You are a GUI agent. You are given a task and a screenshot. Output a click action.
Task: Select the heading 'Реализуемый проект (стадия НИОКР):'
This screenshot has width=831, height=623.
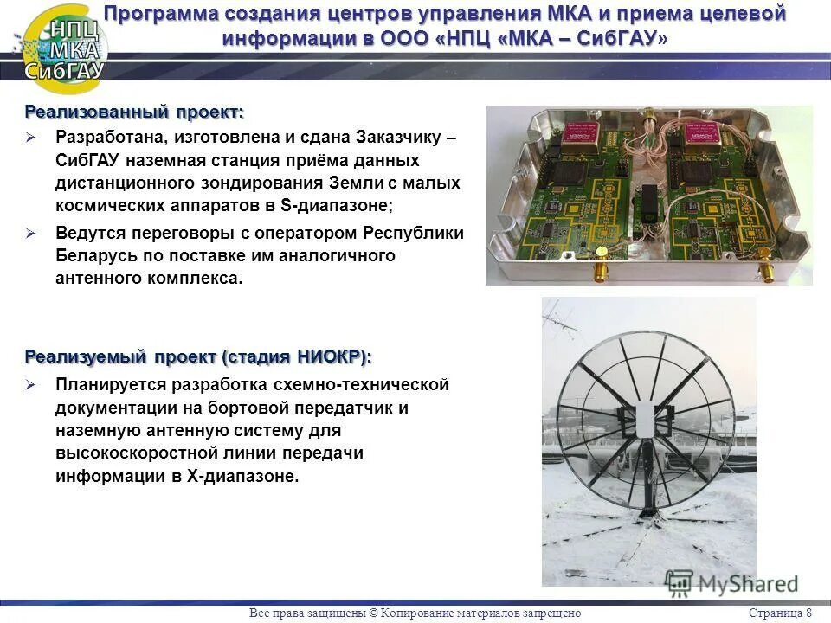tap(198, 356)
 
